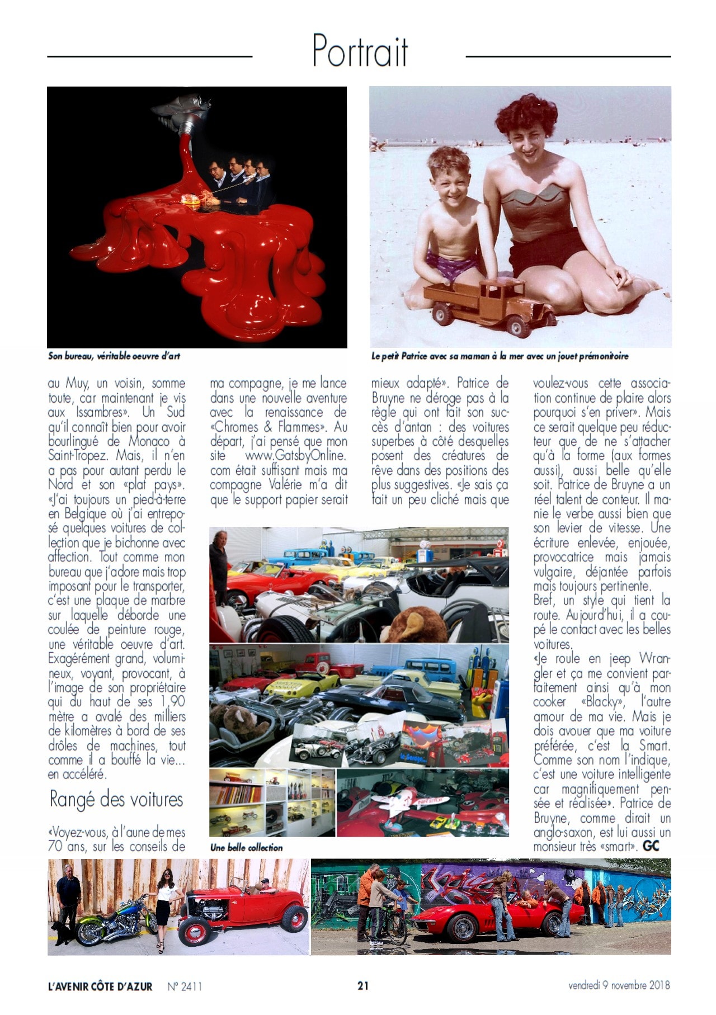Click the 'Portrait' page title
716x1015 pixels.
(x=360, y=51)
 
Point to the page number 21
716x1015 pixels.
(x=363, y=985)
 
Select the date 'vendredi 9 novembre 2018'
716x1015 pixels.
(x=619, y=985)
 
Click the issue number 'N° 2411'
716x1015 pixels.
(x=185, y=986)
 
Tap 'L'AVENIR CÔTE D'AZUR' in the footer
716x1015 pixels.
(x=100, y=986)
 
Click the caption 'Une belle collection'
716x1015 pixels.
(x=246, y=847)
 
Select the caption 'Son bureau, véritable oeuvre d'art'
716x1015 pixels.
(x=114, y=356)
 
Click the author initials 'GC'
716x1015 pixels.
(x=651, y=846)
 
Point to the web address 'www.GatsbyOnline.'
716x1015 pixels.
(x=296, y=456)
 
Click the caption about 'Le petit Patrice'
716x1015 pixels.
(x=500, y=356)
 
